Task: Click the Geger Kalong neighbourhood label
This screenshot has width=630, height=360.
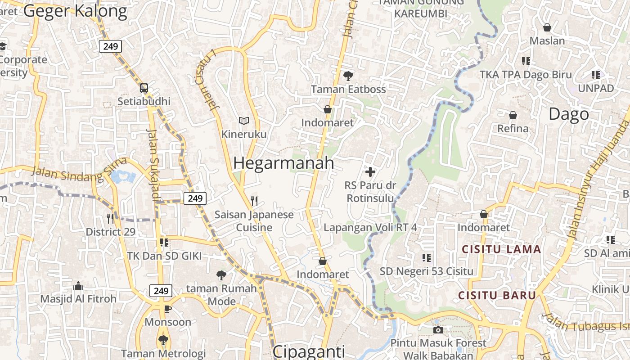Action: click(75, 11)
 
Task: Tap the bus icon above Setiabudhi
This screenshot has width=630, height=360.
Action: click(144, 88)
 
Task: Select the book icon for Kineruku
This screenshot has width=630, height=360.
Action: click(244, 121)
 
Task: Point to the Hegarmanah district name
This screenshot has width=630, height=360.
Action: click(283, 163)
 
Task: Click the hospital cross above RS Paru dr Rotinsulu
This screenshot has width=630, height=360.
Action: click(370, 172)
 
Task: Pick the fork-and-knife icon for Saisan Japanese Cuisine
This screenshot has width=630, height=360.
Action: click(254, 201)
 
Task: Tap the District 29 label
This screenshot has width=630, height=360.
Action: click(110, 232)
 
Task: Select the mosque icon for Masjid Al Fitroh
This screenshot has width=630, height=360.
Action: click(78, 286)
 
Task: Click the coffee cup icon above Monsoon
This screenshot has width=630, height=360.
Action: click(168, 309)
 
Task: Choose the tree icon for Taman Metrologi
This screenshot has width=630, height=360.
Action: click(163, 340)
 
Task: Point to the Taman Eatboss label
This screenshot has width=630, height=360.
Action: click(348, 89)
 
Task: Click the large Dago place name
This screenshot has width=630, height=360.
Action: click(568, 114)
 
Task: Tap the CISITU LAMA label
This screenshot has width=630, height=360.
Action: click(501, 249)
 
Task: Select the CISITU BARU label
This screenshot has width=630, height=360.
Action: click(497, 296)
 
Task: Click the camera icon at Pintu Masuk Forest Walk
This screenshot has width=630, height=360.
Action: click(438, 330)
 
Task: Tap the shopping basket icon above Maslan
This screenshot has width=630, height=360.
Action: click(547, 28)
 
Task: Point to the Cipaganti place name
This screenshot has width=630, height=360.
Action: click(309, 351)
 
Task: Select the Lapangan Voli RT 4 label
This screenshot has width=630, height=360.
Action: click(370, 228)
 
